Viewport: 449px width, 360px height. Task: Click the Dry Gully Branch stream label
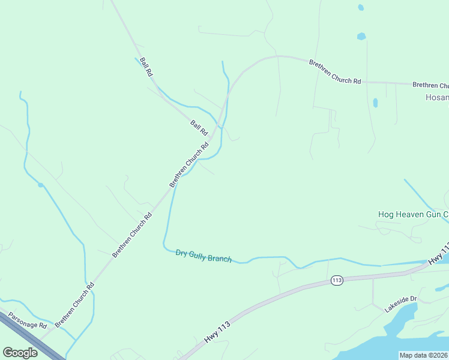coord(203,256)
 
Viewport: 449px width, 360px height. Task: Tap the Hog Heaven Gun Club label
coord(413,214)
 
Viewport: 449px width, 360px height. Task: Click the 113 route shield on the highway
coord(336,280)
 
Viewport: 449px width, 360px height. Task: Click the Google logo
coord(20,353)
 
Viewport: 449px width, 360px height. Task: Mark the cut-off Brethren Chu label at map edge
coord(430,86)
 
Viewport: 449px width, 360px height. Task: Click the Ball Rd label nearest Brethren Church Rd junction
coord(199,127)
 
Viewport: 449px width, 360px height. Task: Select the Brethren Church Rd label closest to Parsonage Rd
coord(74,304)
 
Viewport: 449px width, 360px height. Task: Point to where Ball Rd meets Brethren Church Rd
coord(212,136)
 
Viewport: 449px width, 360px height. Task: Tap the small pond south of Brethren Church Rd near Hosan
coord(375,103)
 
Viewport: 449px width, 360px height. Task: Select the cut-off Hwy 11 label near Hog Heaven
coord(438,255)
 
